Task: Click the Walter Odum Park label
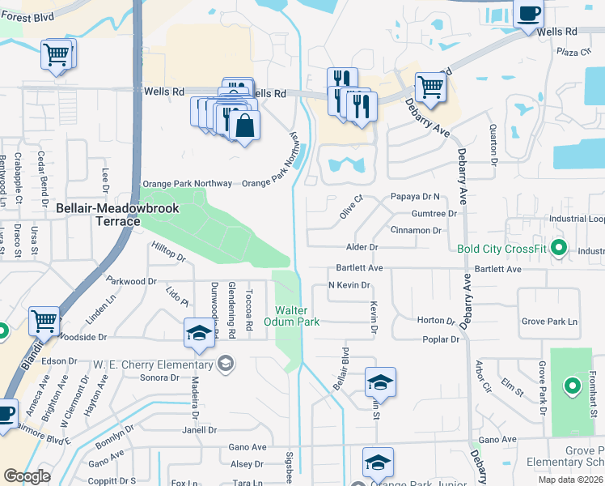297,316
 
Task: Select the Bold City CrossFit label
502,249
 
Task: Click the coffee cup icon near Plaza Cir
528,14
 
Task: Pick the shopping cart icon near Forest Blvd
57,56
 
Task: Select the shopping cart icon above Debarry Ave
430,87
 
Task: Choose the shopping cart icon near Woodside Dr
44,322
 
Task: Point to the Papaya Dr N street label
414,197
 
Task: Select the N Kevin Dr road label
349,285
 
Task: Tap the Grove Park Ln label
550,322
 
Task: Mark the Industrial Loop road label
577,219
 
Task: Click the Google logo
27,476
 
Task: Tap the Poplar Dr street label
441,339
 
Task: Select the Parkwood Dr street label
131,281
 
